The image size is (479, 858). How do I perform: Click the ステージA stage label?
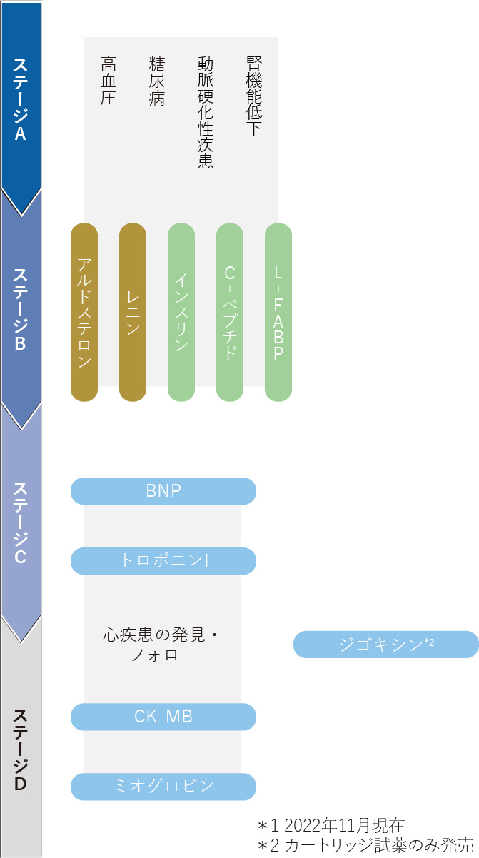point(20,99)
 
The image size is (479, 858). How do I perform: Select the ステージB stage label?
point(20,309)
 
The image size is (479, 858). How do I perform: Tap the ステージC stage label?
point(20,523)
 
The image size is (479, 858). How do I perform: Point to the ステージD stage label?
point(20,750)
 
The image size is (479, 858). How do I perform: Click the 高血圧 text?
point(109,81)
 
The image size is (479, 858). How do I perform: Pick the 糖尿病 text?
point(157,81)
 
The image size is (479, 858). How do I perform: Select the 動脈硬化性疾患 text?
point(206,112)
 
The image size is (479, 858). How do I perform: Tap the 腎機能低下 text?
point(254,96)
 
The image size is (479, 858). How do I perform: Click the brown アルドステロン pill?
point(84,312)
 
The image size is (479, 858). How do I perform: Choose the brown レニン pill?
point(133,312)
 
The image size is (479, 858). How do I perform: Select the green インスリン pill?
point(181,312)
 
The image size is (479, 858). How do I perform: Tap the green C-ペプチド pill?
point(230,312)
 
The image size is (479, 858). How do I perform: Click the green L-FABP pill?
point(278,312)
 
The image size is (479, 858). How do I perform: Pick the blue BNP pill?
point(163,491)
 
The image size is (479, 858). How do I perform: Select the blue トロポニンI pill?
point(163,561)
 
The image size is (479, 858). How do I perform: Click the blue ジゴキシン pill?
point(386,645)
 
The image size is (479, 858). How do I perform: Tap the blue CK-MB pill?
point(163,717)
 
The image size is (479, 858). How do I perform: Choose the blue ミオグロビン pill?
point(163,787)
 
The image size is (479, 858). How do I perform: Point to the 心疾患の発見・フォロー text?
point(161,645)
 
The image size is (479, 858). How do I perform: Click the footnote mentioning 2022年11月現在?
point(332,825)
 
